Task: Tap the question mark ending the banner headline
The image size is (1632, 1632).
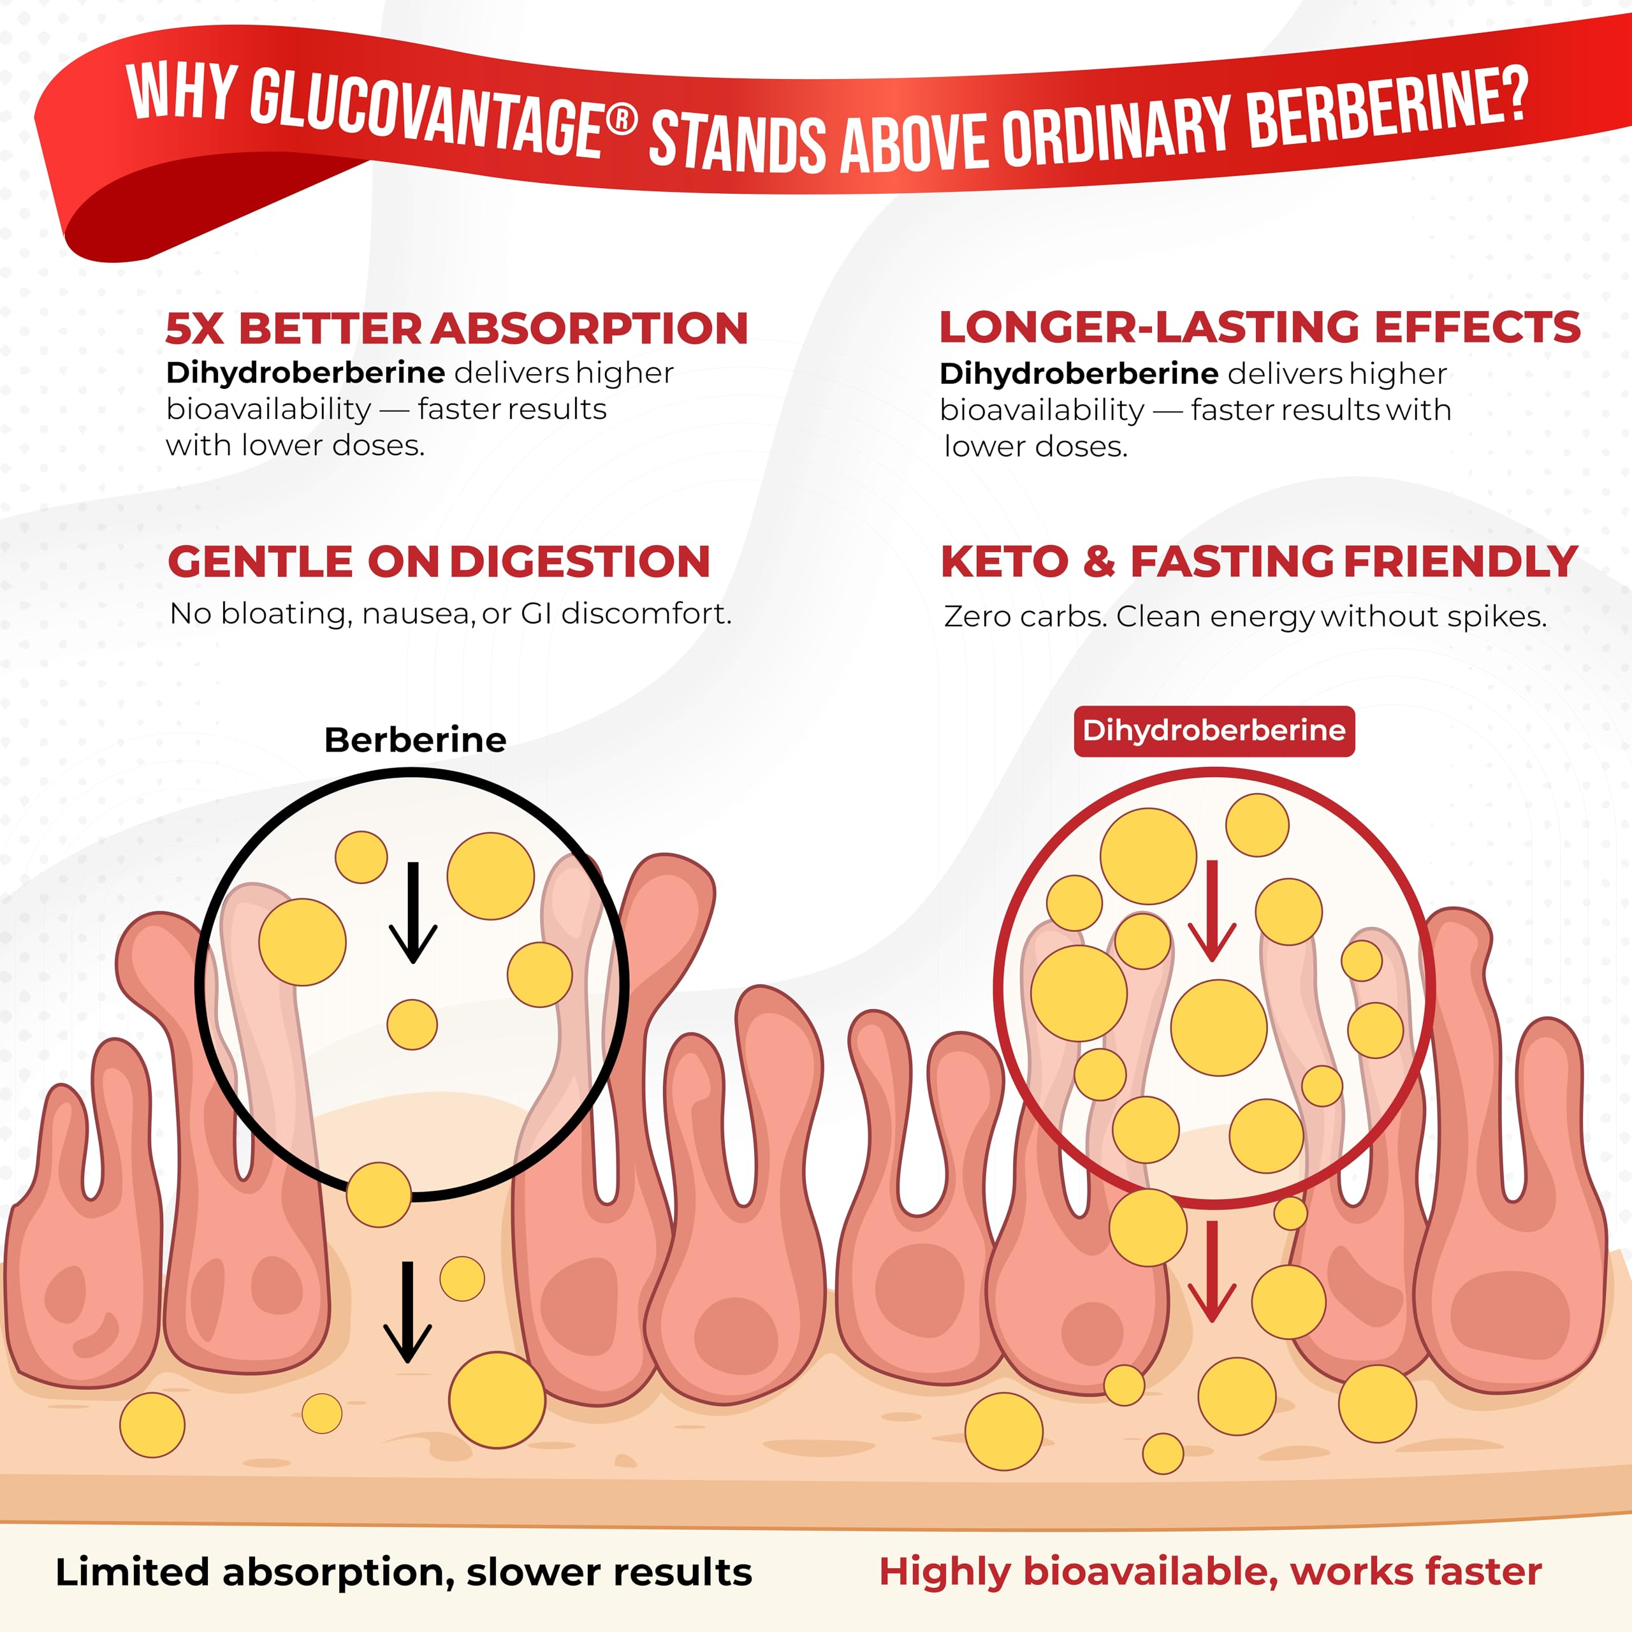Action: point(1515,93)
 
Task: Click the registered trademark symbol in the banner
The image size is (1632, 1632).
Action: point(623,119)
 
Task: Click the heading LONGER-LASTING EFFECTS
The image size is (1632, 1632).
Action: point(1260,327)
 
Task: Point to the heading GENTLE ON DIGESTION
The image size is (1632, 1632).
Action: point(439,562)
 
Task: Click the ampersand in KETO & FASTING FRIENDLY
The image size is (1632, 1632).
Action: point(1099,562)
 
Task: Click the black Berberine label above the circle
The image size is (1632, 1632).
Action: point(416,740)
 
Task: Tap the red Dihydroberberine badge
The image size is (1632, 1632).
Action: point(1214,731)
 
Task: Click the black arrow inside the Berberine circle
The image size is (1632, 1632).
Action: point(412,912)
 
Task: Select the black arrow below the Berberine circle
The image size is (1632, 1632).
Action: point(408,1312)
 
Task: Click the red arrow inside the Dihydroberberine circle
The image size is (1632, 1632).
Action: point(1212,912)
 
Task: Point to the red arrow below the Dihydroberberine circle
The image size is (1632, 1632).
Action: point(1212,1271)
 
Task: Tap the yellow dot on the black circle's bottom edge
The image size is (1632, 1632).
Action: point(379,1195)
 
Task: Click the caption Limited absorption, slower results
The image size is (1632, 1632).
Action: point(404,1573)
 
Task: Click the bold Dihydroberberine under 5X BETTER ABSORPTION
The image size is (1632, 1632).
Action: point(306,372)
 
